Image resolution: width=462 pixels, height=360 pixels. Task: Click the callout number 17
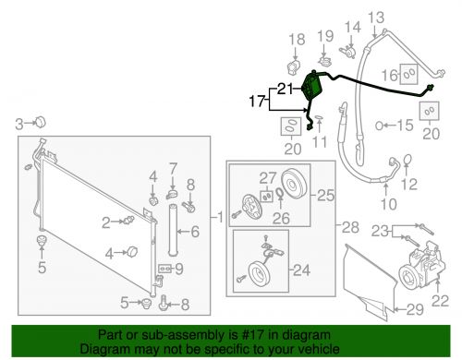tap(257, 101)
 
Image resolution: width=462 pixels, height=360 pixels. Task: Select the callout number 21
tap(286, 89)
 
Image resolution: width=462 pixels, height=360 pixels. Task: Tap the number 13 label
tap(376, 18)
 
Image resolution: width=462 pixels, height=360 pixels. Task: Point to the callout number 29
tap(415, 309)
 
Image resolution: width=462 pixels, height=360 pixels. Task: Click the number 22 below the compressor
tap(440, 301)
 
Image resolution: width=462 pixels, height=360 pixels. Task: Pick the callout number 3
tap(19, 125)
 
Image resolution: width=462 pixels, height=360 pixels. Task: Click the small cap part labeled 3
tap(40, 122)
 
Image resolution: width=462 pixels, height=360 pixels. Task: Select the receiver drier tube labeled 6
tap(173, 230)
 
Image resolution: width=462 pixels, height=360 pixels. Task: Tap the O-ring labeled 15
tap(379, 126)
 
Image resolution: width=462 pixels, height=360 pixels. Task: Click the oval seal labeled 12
tap(407, 159)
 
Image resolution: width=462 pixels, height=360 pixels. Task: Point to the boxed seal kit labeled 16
tap(408, 74)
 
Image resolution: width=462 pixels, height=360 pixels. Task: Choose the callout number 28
tap(350, 228)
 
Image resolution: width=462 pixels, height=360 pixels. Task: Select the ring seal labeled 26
tap(280, 193)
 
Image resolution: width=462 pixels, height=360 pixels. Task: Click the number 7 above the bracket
tap(174, 169)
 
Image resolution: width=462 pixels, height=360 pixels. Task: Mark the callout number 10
tap(388, 204)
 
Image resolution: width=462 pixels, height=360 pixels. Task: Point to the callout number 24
tap(301, 270)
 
